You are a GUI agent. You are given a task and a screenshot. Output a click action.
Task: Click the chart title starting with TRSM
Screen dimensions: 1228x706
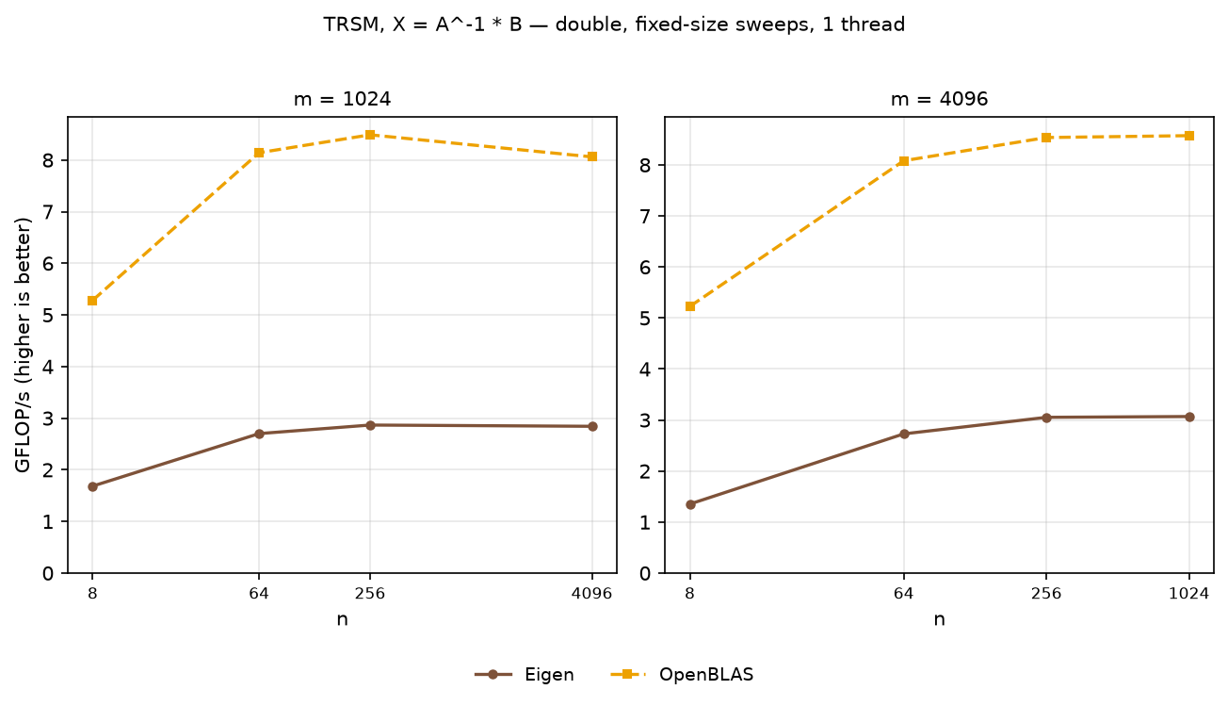[x=614, y=25]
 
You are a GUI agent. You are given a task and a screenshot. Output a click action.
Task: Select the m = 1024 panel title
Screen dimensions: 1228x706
[x=342, y=99]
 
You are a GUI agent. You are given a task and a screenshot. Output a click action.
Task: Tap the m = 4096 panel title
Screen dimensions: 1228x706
[x=939, y=99]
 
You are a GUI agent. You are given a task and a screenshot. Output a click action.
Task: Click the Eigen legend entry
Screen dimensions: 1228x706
[x=525, y=674]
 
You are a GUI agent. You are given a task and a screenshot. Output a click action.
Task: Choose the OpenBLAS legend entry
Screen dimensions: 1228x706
[x=682, y=674]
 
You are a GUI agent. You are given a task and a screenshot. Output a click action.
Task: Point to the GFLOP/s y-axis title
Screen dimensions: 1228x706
[x=23, y=345]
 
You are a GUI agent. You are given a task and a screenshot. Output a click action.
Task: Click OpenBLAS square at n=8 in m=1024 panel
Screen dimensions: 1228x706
[x=92, y=301]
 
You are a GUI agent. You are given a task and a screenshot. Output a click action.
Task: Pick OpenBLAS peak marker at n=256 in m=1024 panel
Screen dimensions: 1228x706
[x=370, y=135]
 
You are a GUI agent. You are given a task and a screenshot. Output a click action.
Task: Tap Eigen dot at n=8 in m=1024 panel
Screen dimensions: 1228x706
[x=92, y=486]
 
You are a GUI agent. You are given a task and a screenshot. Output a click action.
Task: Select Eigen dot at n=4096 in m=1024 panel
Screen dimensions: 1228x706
[x=592, y=426]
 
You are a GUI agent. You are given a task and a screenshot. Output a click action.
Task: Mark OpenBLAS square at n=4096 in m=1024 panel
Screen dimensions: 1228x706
[x=592, y=156]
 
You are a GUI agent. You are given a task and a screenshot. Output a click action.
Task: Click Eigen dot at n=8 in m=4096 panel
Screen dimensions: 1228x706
[x=691, y=504]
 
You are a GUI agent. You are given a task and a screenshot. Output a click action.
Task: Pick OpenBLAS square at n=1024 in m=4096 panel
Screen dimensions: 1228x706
[x=1189, y=136]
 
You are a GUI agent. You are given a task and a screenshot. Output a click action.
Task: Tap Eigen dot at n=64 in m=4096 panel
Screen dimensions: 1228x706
[x=905, y=434]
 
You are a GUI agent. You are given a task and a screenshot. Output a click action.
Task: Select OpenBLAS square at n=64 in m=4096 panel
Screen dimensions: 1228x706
[x=904, y=161]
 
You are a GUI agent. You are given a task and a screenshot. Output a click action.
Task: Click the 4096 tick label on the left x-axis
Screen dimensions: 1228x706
[x=591, y=594]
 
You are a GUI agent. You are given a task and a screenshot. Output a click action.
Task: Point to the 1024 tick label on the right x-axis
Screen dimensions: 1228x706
[x=1189, y=594]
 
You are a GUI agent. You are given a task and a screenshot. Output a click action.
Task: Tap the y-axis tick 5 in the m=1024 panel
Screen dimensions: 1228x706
[x=48, y=316]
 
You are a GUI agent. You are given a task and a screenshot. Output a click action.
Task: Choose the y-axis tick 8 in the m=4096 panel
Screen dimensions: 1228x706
[x=645, y=165]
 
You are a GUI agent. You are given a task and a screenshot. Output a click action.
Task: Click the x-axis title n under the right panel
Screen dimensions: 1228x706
[x=939, y=619]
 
